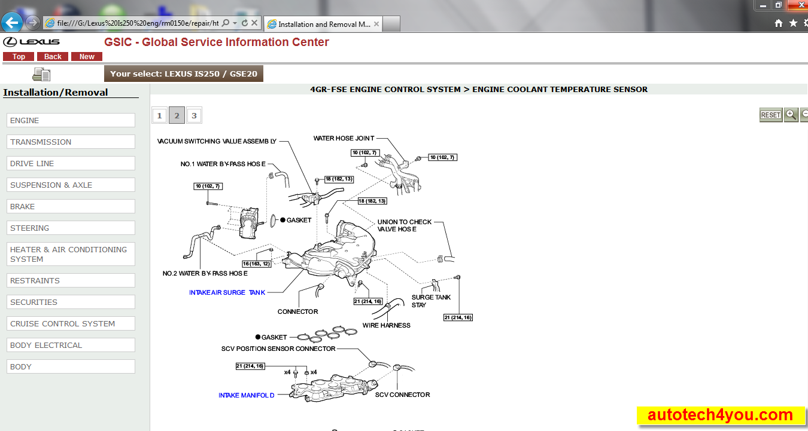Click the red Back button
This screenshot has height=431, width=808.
[x=53, y=57]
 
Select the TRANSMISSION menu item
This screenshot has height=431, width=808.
[x=71, y=142]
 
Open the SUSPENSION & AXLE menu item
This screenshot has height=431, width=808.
[x=71, y=185]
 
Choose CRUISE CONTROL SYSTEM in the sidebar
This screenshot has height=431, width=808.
[x=71, y=323]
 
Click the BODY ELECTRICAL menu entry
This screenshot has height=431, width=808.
[x=71, y=345]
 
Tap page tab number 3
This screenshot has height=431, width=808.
[x=193, y=115]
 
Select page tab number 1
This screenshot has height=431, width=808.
[x=159, y=115]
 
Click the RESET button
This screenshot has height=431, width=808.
[x=771, y=115]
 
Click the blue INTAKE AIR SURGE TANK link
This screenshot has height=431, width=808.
[x=227, y=293]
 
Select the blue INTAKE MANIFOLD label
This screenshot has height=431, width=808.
[x=246, y=395]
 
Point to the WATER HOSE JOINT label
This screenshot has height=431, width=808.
[x=344, y=139]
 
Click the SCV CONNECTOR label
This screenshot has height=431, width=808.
[x=402, y=395]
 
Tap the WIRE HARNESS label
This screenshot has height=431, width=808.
[x=386, y=325]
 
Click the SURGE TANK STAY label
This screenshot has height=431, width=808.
[x=431, y=301]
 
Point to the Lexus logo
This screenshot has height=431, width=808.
[x=32, y=42]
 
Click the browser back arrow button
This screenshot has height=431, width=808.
[x=12, y=23]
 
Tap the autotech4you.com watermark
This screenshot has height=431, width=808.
[x=720, y=415]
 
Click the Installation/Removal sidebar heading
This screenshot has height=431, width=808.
[x=56, y=92]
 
